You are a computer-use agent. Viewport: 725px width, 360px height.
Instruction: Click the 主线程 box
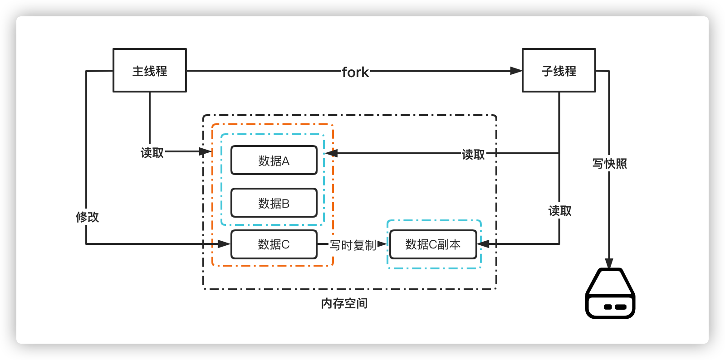coord(149,70)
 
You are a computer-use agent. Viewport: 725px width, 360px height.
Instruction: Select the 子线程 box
coord(558,70)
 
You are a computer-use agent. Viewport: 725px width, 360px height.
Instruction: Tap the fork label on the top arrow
coord(355,72)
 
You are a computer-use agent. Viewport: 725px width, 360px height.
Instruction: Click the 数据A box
coord(274,160)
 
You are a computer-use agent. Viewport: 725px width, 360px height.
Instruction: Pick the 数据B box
coord(274,203)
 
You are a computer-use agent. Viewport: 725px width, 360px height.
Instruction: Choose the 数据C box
coord(274,244)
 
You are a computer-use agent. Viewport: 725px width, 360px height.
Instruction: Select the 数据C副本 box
coord(433,244)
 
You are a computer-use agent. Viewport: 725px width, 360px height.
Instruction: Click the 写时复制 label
coord(353,245)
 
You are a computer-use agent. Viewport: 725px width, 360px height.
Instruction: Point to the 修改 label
coord(87,217)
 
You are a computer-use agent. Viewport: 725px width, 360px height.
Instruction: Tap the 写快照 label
coord(609,164)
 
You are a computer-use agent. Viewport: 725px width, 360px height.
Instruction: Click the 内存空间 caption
coord(344,303)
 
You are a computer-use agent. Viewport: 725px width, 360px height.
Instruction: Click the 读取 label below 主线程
coord(152,153)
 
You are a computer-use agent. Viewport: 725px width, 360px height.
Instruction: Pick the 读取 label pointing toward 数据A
coord(473,155)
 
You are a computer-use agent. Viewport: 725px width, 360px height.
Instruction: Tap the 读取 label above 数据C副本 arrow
coord(560,211)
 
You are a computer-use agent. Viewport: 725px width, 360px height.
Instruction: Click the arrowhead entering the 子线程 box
coord(516,71)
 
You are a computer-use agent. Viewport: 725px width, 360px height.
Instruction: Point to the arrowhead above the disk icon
coord(609,263)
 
